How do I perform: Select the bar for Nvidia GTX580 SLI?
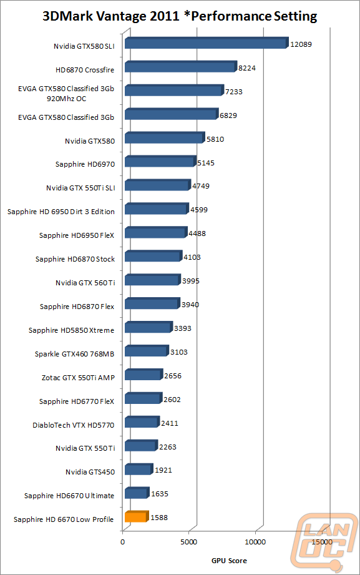tap(207, 43)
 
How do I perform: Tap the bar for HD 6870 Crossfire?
tap(181, 66)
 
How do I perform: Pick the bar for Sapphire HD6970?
tap(160, 161)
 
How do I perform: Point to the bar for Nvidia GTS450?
tap(139, 469)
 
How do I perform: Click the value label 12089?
tap(301, 44)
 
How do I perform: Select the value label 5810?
tap(215, 139)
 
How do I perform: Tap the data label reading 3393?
tap(183, 328)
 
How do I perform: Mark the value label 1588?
tap(159, 518)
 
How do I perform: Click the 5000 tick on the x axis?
tap(188, 542)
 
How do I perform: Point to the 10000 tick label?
tap(255, 542)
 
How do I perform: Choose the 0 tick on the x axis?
tap(122, 542)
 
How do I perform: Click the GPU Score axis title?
tap(229, 561)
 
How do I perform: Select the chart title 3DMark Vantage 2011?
tap(111, 16)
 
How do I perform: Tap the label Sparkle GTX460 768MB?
tap(74, 354)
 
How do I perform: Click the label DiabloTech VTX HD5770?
tap(74, 425)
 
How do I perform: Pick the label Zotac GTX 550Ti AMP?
tap(78, 378)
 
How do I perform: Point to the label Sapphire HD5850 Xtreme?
tap(72, 330)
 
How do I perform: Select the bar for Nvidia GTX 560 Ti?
tap(152, 280)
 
